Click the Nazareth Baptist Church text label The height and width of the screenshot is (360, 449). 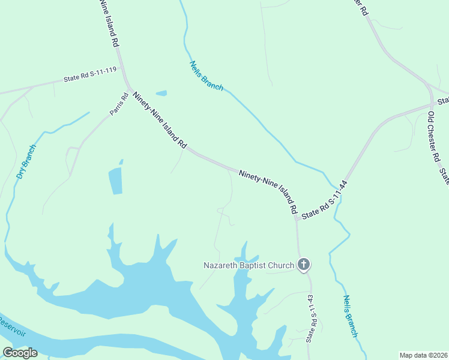point(249,265)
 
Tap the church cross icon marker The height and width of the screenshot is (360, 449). point(304,264)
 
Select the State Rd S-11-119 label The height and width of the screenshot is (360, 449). point(90,76)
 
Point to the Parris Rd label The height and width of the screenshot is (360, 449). point(119,103)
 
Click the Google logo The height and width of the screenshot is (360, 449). point(20,353)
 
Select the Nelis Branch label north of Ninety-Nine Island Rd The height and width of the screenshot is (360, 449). point(206,76)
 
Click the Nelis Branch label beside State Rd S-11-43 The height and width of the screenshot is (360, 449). point(351,316)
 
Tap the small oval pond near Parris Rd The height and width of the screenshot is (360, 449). point(161,93)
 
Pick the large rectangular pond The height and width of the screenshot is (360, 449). point(115,181)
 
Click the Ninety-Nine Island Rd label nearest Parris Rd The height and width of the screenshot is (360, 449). point(160,121)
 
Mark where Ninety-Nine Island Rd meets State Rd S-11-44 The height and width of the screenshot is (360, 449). point(297,217)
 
